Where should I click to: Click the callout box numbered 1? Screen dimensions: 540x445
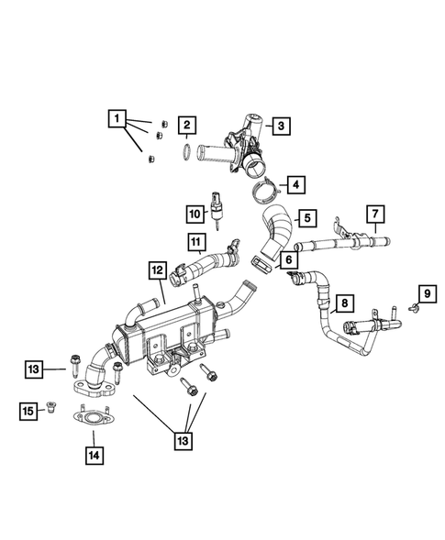tap(117, 118)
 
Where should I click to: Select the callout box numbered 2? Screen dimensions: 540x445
tap(185, 125)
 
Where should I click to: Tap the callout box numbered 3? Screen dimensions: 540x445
tap(279, 125)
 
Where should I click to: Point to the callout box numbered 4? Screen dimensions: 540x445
tap(295, 184)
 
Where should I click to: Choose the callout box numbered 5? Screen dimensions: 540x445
tap(307, 218)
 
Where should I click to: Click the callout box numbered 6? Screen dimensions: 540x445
tap(289, 259)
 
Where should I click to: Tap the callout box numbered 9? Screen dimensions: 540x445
tap(425, 293)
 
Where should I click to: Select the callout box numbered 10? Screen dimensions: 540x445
tap(195, 215)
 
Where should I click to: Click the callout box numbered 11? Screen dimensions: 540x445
tap(196, 244)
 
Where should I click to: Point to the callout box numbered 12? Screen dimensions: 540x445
tap(158, 270)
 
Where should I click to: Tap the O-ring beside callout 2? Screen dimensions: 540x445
tap(186, 150)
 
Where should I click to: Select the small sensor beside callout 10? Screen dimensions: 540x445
tap(217, 208)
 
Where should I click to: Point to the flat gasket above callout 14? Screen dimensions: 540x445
tap(93, 421)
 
